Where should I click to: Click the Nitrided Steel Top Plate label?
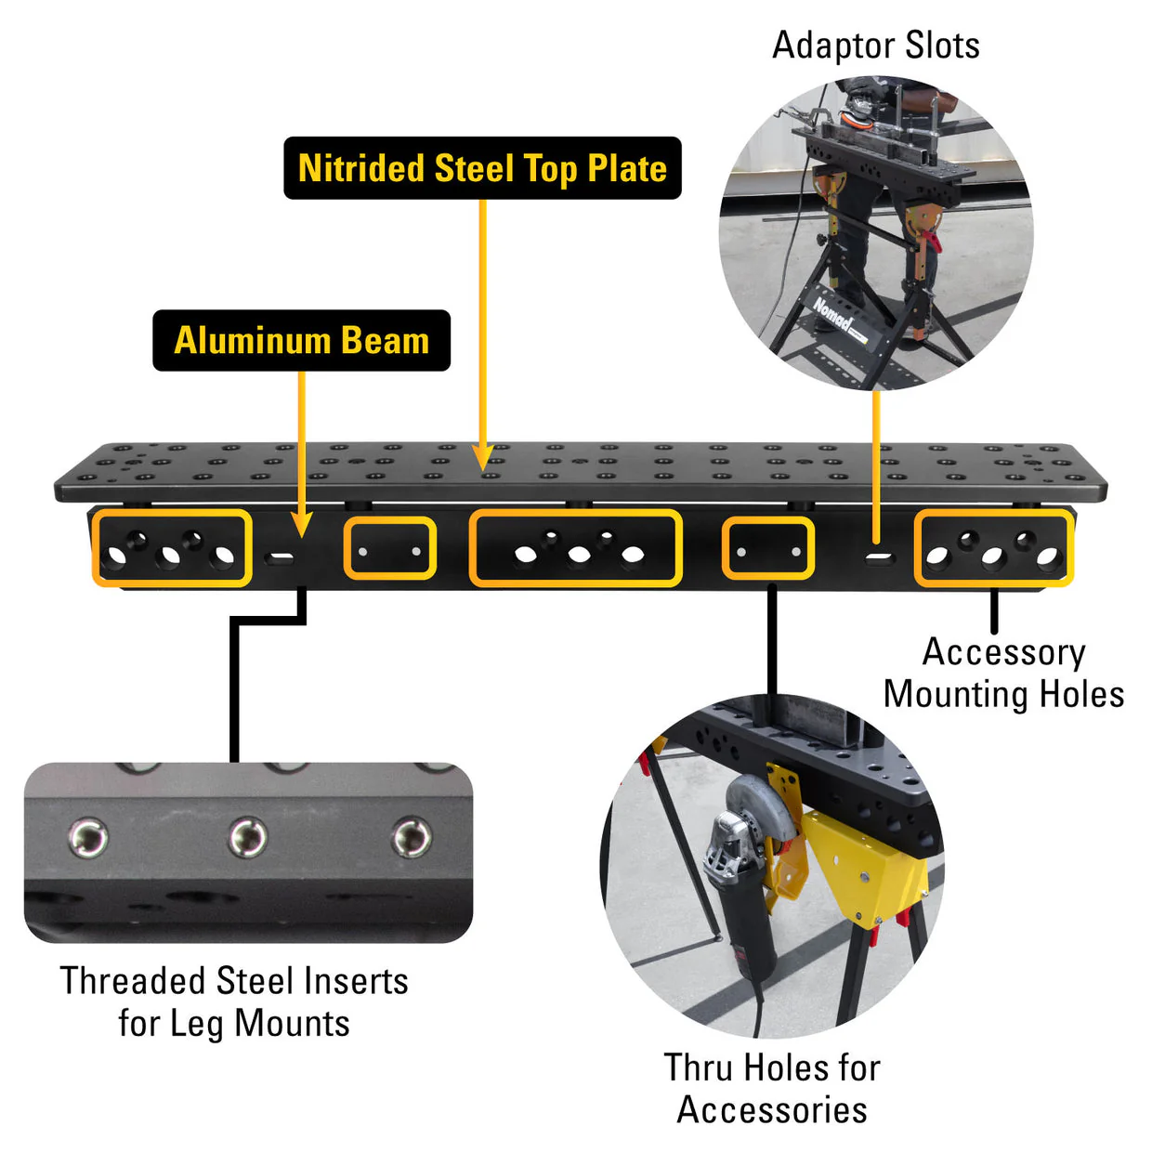482,168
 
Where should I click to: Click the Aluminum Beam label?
301,340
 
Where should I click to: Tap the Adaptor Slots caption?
876,46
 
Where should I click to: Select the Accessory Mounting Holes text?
1003,674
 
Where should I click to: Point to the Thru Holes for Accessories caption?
771,1088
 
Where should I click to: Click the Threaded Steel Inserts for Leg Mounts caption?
234,1001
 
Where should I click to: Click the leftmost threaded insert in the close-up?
89,838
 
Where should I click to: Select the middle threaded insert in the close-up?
249,838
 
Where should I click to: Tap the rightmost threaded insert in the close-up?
411,838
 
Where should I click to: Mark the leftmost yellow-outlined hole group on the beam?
172,548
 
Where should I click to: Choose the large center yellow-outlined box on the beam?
576,548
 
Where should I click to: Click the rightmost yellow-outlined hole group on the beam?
994,549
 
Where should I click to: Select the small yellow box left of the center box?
390,549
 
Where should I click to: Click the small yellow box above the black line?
768,549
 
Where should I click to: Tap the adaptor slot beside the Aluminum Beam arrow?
280,558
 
